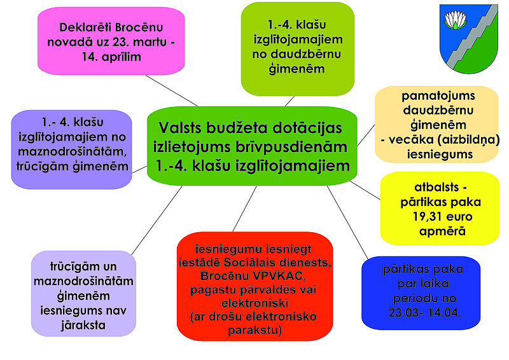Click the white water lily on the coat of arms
[455, 20]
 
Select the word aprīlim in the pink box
[121, 57]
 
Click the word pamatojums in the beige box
[438, 96]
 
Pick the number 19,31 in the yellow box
[426, 216]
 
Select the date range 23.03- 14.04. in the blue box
[424, 313]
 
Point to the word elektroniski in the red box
[255, 303]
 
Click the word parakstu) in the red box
[255, 330]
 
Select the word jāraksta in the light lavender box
[83, 325]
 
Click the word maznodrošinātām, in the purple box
[72, 151]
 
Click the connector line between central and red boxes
[245, 209]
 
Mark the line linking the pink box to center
[172, 90]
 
